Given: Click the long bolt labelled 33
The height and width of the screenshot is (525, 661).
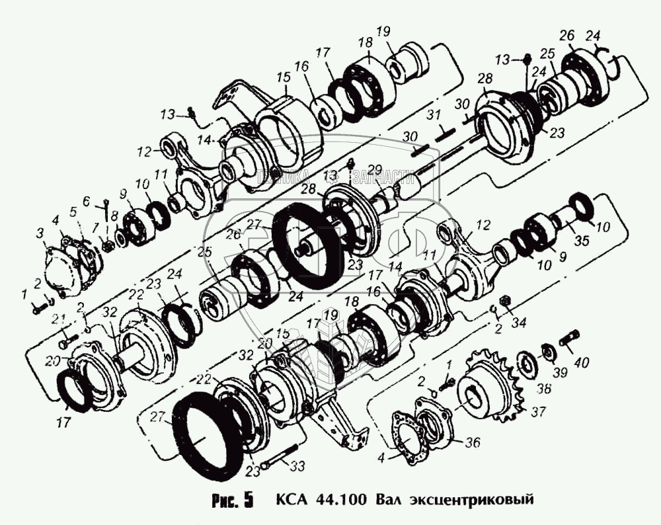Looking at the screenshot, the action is click(x=281, y=461).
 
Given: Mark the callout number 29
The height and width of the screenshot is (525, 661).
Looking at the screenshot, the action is click(x=375, y=168).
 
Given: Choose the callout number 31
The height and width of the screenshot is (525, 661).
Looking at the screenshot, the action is click(x=432, y=116).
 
